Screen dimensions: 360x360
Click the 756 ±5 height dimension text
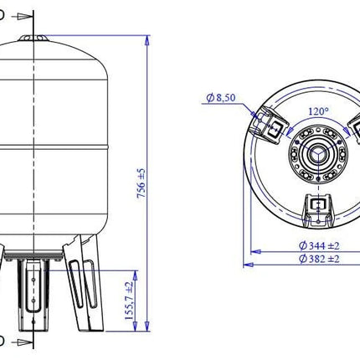point(141,183)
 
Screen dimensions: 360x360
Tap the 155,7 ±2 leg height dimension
point(129,301)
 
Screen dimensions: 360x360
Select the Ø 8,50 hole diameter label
point(221,98)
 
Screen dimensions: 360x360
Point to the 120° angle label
point(319,111)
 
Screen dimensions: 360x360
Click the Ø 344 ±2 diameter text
point(319,246)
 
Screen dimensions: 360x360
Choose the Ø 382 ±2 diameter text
point(319,259)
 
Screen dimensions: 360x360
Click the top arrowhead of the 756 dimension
point(147,40)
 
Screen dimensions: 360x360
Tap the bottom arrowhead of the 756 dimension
point(147,327)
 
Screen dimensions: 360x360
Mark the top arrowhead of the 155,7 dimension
point(135,275)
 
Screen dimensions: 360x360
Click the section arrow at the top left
point(23,17)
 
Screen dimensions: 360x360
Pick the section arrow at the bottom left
point(23,342)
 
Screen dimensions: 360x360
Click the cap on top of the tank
point(33,39)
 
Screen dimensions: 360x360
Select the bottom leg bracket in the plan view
point(318,210)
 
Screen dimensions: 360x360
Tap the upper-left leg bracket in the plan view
point(269,125)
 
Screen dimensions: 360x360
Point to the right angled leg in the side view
point(83,283)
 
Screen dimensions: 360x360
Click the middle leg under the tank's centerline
point(33,296)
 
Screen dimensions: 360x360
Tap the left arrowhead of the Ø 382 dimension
point(249,265)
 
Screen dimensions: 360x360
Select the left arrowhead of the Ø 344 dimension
point(255,252)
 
